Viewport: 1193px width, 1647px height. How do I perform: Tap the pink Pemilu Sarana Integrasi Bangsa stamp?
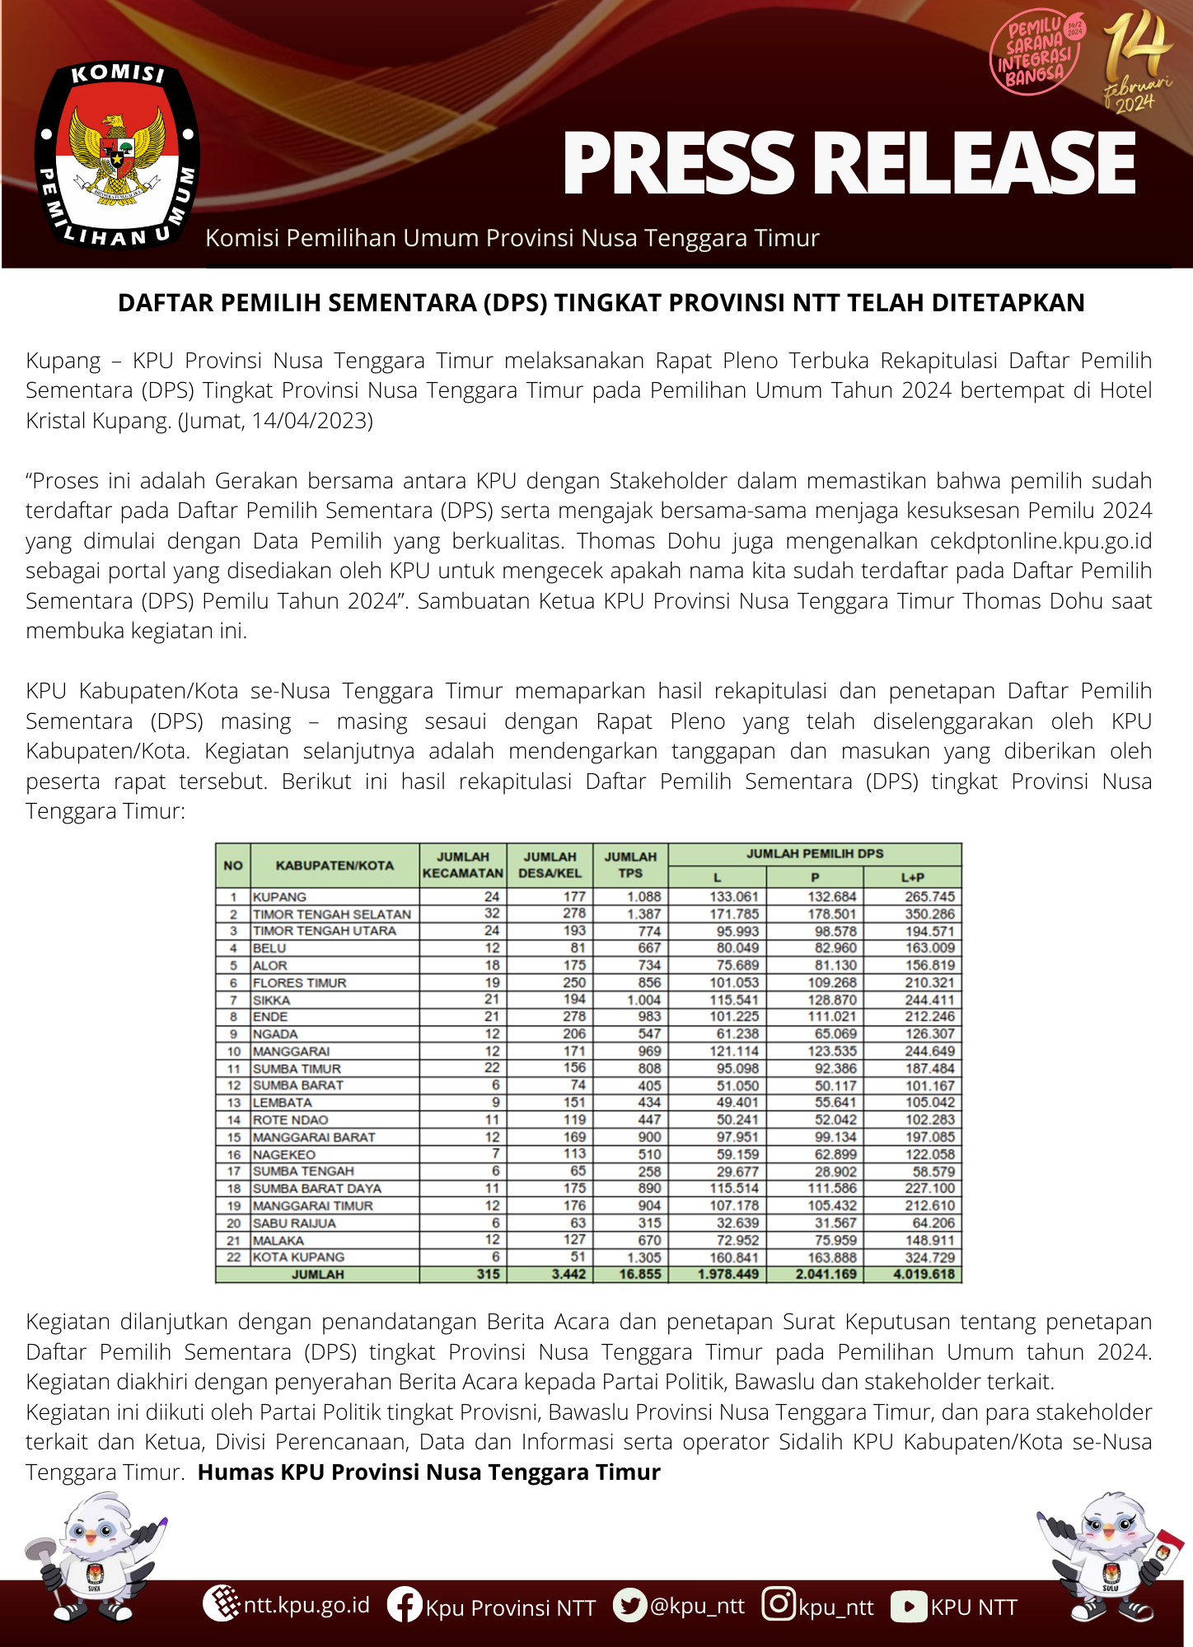[1036, 54]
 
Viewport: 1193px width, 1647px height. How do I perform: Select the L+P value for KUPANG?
[929, 897]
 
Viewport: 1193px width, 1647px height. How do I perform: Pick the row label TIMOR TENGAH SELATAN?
[331, 914]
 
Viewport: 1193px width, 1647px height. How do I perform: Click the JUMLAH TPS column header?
[630, 865]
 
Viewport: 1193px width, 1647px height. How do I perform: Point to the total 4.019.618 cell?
[924, 1274]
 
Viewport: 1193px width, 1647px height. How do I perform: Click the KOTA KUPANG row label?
[298, 1257]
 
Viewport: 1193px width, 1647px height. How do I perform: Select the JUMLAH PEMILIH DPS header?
[814, 854]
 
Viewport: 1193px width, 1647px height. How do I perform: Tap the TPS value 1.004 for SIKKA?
[643, 1000]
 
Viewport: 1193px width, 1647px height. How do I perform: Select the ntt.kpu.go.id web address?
[306, 1605]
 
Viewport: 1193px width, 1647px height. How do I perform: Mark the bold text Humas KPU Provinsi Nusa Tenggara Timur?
[428, 1472]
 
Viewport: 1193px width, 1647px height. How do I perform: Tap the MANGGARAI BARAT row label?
[314, 1137]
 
